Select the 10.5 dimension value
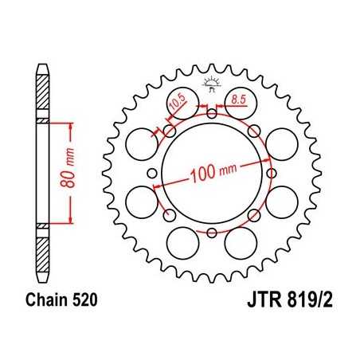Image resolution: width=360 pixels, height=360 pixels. (x=176, y=101)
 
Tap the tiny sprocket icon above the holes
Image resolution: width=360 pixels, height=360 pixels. (x=211, y=83)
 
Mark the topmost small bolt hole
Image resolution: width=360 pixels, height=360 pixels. (x=210, y=113)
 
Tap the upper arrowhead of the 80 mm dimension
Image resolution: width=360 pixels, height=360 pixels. (x=72, y=126)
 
